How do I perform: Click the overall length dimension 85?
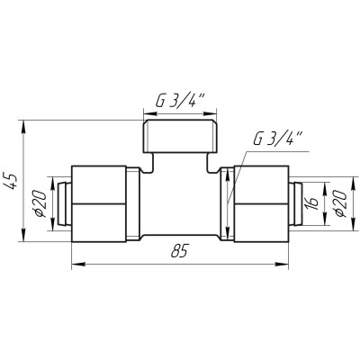point(179,250)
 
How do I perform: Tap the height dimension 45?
point(13,181)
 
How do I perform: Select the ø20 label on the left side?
point(40,204)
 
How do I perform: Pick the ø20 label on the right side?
point(340,203)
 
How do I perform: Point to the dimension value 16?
point(312,203)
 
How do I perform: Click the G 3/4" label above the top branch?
point(180,102)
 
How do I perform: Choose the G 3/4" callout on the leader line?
point(277,139)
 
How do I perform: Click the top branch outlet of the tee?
point(180,136)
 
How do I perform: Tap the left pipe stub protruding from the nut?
point(64,203)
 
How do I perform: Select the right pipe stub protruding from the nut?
point(296,203)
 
